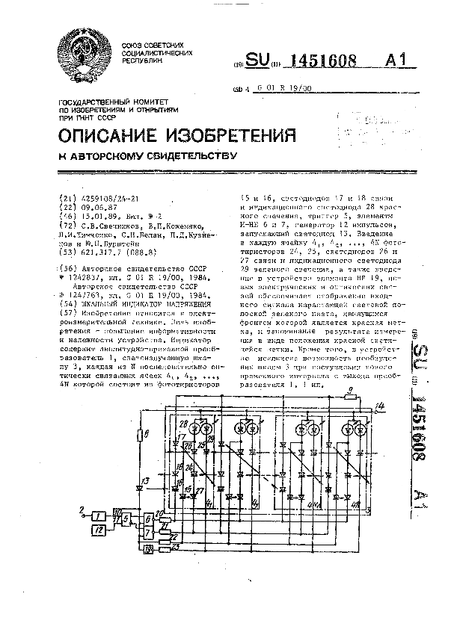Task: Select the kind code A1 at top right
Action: (x=396, y=61)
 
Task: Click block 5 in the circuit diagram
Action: (x=126, y=518)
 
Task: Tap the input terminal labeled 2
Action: (x=82, y=512)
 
